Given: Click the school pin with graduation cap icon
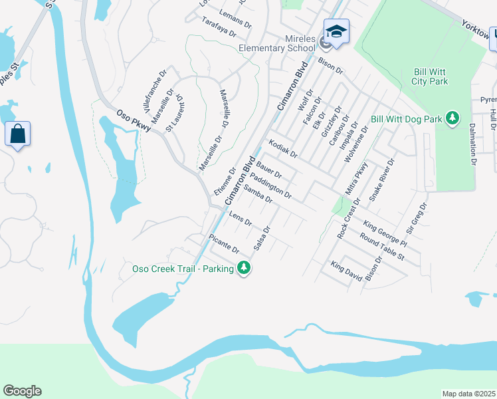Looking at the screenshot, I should pyautogui.click(x=336, y=32).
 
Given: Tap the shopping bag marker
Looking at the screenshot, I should pyautogui.click(x=17, y=134).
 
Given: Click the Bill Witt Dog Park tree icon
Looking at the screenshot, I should pyautogui.click(x=452, y=118).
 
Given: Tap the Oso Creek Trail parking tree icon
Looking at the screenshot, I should pyautogui.click(x=245, y=268).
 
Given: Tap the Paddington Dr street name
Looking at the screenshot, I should pyautogui.click(x=273, y=185).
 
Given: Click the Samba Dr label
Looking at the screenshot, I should pyautogui.click(x=258, y=195).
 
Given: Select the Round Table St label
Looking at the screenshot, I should pyautogui.click(x=382, y=246).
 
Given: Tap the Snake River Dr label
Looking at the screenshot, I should pyautogui.click(x=382, y=180).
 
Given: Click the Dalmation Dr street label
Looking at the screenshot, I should pyautogui.click(x=472, y=143).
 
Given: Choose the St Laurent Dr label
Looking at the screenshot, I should pyautogui.click(x=175, y=112).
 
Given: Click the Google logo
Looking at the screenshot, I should pyautogui.click(x=22, y=391).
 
